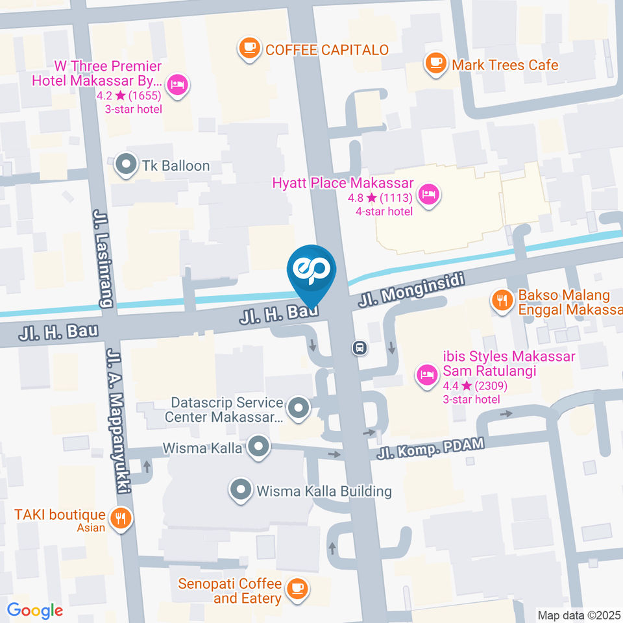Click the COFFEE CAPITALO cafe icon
pyautogui.click(x=249, y=49)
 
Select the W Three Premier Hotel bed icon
pyautogui.click(x=177, y=84)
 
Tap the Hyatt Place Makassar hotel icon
pyautogui.click(x=428, y=193)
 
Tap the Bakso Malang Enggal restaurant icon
pyautogui.click(x=501, y=300)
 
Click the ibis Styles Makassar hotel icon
pyautogui.click(x=426, y=374)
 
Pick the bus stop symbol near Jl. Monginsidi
pyautogui.click(x=360, y=348)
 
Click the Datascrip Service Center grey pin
pyautogui.click(x=299, y=409)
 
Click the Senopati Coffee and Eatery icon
pyautogui.click(x=297, y=588)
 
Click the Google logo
pyautogui.click(x=35, y=610)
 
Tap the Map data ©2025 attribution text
pyautogui.click(x=579, y=615)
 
